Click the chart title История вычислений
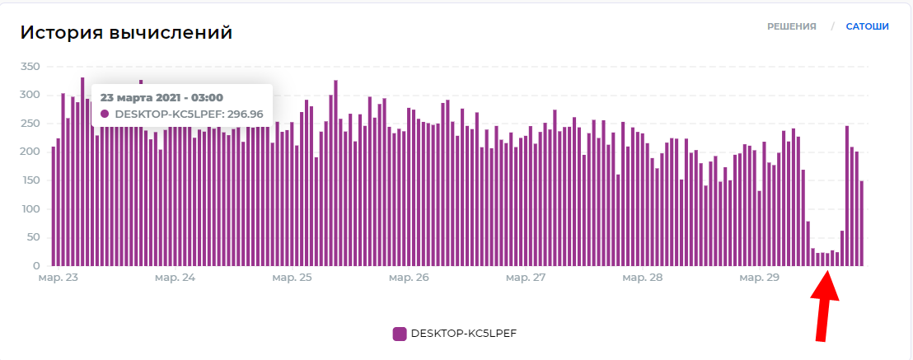pyautogui.click(x=126, y=33)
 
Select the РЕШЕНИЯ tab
pyautogui.click(x=792, y=26)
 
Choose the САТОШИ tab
pyautogui.click(x=867, y=26)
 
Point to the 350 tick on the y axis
pyautogui.click(x=30, y=67)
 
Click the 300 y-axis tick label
pyautogui.click(x=30, y=96)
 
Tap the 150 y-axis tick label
pyautogui.click(x=30, y=180)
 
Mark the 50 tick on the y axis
pyautogui.click(x=33, y=237)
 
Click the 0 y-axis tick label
pyautogui.click(x=36, y=266)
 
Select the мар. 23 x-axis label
pyautogui.click(x=59, y=278)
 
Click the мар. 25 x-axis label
pyautogui.click(x=293, y=278)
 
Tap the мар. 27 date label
pyautogui.click(x=526, y=278)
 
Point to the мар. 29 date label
pyautogui.click(x=759, y=278)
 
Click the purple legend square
pyautogui.click(x=400, y=334)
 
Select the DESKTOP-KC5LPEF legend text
pyautogui.click(x=463, y=334)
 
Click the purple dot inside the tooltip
pyautogui.click(x=105, y=115)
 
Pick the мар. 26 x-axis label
pyautogui.click(x=410, y=278)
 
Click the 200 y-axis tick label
pyautogui.click(x=30, y=152)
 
